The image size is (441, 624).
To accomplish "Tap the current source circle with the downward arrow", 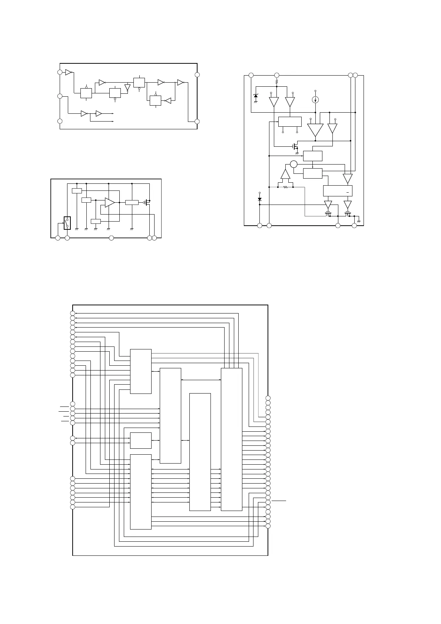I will [315, 100].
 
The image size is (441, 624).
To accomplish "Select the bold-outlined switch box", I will [67, 223].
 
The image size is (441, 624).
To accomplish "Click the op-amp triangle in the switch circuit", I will [109, 202].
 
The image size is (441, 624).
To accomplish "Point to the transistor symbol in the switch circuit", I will [147, 202].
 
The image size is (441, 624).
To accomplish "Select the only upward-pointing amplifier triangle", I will [285, 174].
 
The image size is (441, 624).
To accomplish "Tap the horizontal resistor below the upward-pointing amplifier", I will [285, 187].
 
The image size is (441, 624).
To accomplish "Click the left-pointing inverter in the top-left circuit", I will [168, 100].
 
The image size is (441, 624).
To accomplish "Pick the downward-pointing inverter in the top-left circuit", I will [127, 88].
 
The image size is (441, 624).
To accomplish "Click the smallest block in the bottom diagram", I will [140, 440].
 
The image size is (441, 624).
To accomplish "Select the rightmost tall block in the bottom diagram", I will [232, 439].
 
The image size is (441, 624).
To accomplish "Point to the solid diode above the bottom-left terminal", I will [259, 199].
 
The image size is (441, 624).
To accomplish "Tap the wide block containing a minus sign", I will [338, 191].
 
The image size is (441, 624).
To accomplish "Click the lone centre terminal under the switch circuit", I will [111, 238].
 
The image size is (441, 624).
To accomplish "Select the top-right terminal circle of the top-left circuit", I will [197, 74].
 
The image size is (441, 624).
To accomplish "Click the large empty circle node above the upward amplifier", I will [294, 164].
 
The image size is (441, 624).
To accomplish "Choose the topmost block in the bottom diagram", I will [140, 371].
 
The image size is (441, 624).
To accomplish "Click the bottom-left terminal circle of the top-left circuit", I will [60, 121].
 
